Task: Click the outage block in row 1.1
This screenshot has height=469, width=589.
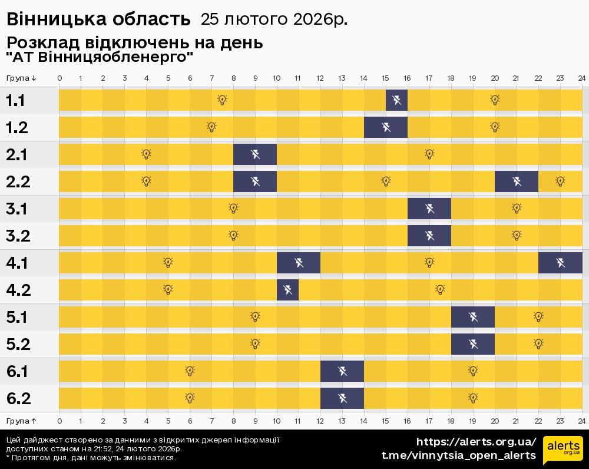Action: [396, 100]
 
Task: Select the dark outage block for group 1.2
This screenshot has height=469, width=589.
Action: [386, 127]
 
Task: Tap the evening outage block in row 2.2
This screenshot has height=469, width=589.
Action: [517, 181]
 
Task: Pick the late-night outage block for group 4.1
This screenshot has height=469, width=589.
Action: [561, 263]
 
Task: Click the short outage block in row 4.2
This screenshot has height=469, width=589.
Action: [288, 290]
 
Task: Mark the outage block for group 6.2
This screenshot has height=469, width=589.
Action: [342, 398]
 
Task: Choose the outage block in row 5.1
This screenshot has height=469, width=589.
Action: [473, 317]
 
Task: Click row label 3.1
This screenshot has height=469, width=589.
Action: [16, 209]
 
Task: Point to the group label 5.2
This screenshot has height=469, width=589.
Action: [18, 344]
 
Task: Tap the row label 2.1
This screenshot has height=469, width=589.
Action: [16, 154]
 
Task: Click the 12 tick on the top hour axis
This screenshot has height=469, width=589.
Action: [320, 78]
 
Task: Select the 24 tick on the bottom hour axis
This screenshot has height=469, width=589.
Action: [582, 421]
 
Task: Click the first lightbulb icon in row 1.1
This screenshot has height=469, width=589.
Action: [223, 100]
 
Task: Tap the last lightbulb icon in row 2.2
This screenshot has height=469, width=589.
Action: [560, 181]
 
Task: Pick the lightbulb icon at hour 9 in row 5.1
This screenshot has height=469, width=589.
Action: [255, 316]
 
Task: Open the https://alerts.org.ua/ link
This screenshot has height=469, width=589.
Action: [477, 442]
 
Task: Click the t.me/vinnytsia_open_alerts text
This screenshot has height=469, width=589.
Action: [459, 455]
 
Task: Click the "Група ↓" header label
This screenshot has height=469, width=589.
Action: [21, 78]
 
